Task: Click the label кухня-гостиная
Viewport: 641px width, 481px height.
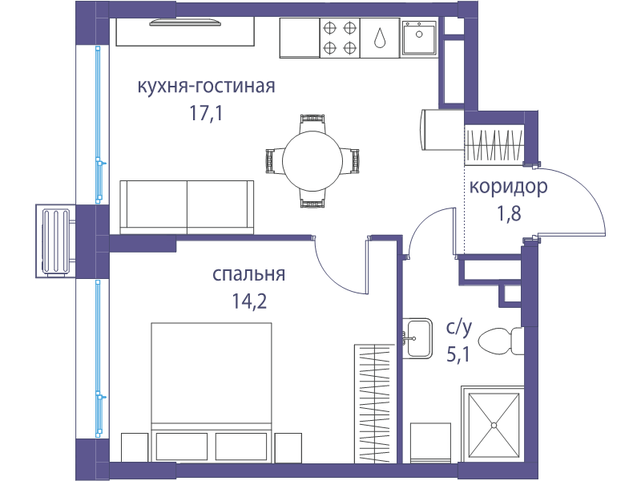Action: click(x=206, y=87)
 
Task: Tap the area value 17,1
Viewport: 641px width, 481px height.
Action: click(x=206, y=113)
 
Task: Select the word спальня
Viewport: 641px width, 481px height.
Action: click(x=248, y=274)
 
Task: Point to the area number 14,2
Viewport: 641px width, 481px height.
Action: click(x=249, y=301)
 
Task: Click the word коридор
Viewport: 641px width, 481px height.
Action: click(x=508, y=187)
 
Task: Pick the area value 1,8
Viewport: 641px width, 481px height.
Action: click(x=509, y=213)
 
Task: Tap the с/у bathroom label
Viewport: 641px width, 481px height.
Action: click(x=459, y=328)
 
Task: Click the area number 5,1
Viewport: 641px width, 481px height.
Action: click(x=458, y=354)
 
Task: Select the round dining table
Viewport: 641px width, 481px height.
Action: click(x=312, y=161)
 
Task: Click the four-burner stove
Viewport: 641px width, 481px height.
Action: click(x=339, y=38)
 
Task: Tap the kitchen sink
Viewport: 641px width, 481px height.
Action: click(x=419, y=38)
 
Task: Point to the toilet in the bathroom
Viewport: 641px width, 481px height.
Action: click(x=500, y=342)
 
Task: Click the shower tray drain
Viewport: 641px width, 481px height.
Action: click(x=494, y=426)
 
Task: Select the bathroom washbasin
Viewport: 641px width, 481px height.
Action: click(x=417, y=338)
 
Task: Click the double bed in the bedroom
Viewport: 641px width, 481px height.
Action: click(x=212, y=393)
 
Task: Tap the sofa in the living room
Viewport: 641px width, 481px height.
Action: click(x=187, y=208)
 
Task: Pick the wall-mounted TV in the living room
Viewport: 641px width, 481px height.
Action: click(x=185, y=22)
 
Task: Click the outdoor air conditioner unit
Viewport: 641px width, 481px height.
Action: click(x=55, y=241)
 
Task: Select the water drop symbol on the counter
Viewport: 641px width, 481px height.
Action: click(x=380, y=38)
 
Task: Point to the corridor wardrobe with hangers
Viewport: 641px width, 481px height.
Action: click(x=494, y=144)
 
